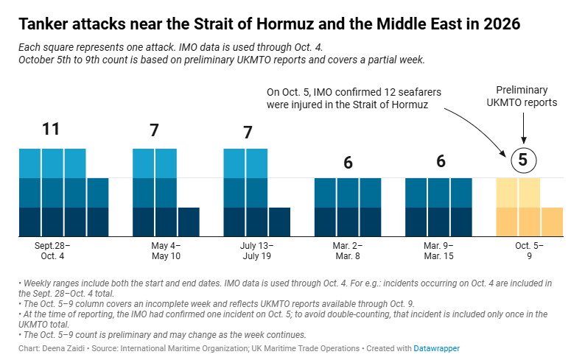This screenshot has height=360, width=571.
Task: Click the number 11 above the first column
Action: click(x=51, y=129)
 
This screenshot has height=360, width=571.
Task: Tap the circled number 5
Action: click(x=523, y=160)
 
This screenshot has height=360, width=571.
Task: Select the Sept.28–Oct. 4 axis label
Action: click(x=52, y=251)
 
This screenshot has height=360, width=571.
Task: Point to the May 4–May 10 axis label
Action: click(x=166, y=251)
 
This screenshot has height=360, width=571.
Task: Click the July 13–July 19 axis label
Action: click(x=256, y=251)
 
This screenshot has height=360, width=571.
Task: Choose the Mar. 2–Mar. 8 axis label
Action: click(x=348, y=251)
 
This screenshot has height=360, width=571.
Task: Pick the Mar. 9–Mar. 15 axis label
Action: click(x=439, y=251)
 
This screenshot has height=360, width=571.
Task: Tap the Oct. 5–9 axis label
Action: click(x=529, y=251)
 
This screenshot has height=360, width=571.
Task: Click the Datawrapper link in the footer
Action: click(x=437, y=348)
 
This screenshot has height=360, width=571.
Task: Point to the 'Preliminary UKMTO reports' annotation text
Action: click(x=522, y=96)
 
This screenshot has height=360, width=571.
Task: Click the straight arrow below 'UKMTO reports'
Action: click(x=524, y=128)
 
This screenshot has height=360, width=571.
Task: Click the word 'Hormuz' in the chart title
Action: click(x=285, y=24)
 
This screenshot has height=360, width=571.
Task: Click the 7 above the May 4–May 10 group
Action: click(x=155, y=130)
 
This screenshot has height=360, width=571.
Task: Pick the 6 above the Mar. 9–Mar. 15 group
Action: click(x=441, y=161)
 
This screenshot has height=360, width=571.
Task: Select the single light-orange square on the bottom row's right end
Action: click(x=552, y=222)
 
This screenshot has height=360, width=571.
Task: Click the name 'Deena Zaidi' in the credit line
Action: click(x=63, y=348)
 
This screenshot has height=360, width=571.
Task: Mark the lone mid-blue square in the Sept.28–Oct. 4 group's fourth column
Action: click(x=98, y=193)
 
